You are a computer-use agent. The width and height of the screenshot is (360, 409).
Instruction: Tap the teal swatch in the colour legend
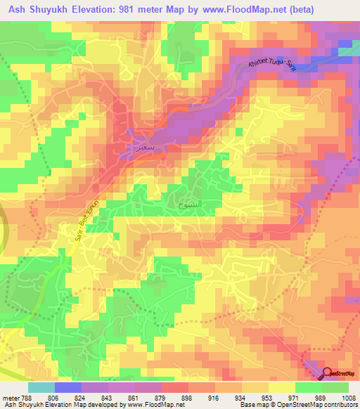[x=41, y=387]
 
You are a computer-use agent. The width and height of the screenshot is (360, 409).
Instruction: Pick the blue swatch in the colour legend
[x=67, y=387]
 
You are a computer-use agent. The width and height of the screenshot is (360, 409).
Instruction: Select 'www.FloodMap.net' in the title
[x=263, y=9]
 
